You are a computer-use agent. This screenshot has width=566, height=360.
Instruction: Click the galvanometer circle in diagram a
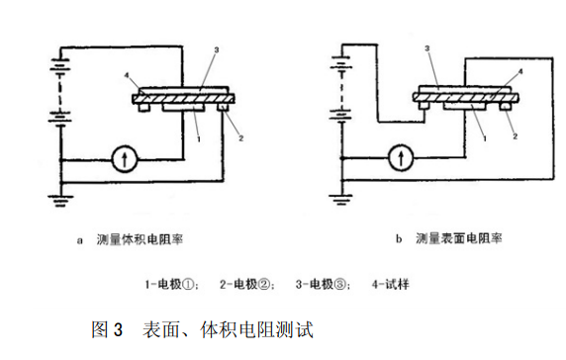pos(124,158)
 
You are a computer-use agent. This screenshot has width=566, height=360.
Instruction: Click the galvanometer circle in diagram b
pos(401,157)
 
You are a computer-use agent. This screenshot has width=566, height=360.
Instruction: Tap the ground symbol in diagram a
pos(60,201)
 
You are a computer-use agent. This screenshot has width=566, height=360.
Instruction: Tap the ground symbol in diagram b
pos(340,199)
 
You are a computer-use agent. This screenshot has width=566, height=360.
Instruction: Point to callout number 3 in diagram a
pos(217,50)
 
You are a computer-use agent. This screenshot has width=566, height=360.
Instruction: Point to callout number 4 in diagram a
pos(127,75)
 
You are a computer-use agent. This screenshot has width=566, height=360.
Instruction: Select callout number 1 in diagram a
pos(199,138)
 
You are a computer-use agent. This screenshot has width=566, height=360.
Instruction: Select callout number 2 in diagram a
pos(241,138)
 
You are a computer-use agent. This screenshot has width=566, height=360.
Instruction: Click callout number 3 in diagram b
pos(427,48)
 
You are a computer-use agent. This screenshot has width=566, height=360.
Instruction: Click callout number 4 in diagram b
pos(520,71)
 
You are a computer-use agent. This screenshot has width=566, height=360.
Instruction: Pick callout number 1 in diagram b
pos(485,138)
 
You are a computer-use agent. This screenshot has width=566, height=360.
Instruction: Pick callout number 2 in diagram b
pos(516,136)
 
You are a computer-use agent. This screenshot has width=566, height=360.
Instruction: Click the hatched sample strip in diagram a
pos(183,99)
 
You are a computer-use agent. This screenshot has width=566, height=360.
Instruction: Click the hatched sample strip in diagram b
pos(466,97)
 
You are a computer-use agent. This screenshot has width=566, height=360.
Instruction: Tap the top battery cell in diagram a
pos(60,67)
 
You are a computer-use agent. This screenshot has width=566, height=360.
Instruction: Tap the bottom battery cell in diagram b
pos(341,115)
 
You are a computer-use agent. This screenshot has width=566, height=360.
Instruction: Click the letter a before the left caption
pos(80,240)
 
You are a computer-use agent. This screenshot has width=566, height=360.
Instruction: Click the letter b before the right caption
pos(399,238)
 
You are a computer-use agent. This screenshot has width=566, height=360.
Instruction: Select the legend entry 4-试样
pos(391,284)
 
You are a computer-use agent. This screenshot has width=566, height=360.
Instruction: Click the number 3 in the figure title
pos(119,329)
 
